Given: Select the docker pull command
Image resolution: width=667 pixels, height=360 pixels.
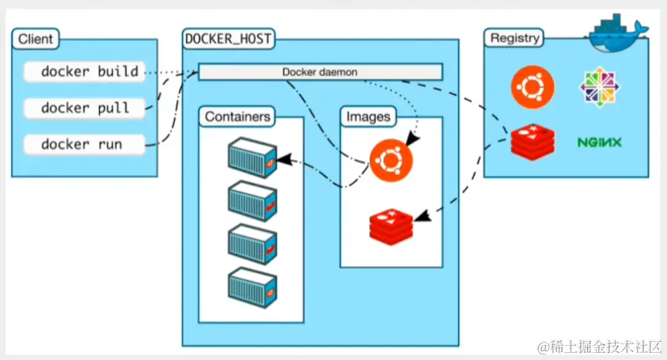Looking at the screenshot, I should click(84, 108).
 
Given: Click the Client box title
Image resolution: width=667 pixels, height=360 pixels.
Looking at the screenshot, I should click(36, 37).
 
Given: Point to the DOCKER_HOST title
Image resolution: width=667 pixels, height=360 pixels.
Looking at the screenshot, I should click(229, 37).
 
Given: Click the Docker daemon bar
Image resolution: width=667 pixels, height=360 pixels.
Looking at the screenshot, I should click(320, 72).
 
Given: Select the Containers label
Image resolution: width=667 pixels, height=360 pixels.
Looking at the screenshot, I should click(238, 117).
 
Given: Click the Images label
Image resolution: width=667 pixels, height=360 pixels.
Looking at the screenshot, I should click(368, 117).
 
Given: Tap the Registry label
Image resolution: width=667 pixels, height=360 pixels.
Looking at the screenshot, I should click(515, 37).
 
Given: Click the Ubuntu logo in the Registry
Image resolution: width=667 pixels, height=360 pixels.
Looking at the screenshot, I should click(532, 85).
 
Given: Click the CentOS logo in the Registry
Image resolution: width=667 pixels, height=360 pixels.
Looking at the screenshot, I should click(599, 85).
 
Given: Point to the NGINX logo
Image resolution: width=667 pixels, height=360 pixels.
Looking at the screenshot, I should click(599, 143).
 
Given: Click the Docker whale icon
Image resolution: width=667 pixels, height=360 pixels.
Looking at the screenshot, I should click(618, 28).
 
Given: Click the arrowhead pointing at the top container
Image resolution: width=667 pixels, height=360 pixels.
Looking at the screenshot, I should click(282, 160).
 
